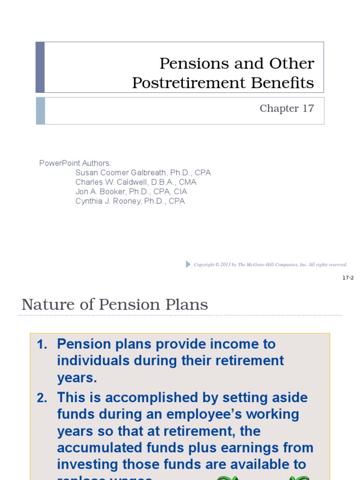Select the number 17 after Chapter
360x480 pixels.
pos(308,108)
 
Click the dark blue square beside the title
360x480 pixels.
pos(40,67)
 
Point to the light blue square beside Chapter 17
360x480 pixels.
pos(40,111)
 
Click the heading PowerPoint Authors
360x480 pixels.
pos(75,163)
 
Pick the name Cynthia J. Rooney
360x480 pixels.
pos(108,201)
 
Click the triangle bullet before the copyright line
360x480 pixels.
pos(188,264)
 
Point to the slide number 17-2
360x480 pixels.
pos(348,278)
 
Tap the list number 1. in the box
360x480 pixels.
pos(42,344)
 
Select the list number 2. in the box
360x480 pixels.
pos(42,398)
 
